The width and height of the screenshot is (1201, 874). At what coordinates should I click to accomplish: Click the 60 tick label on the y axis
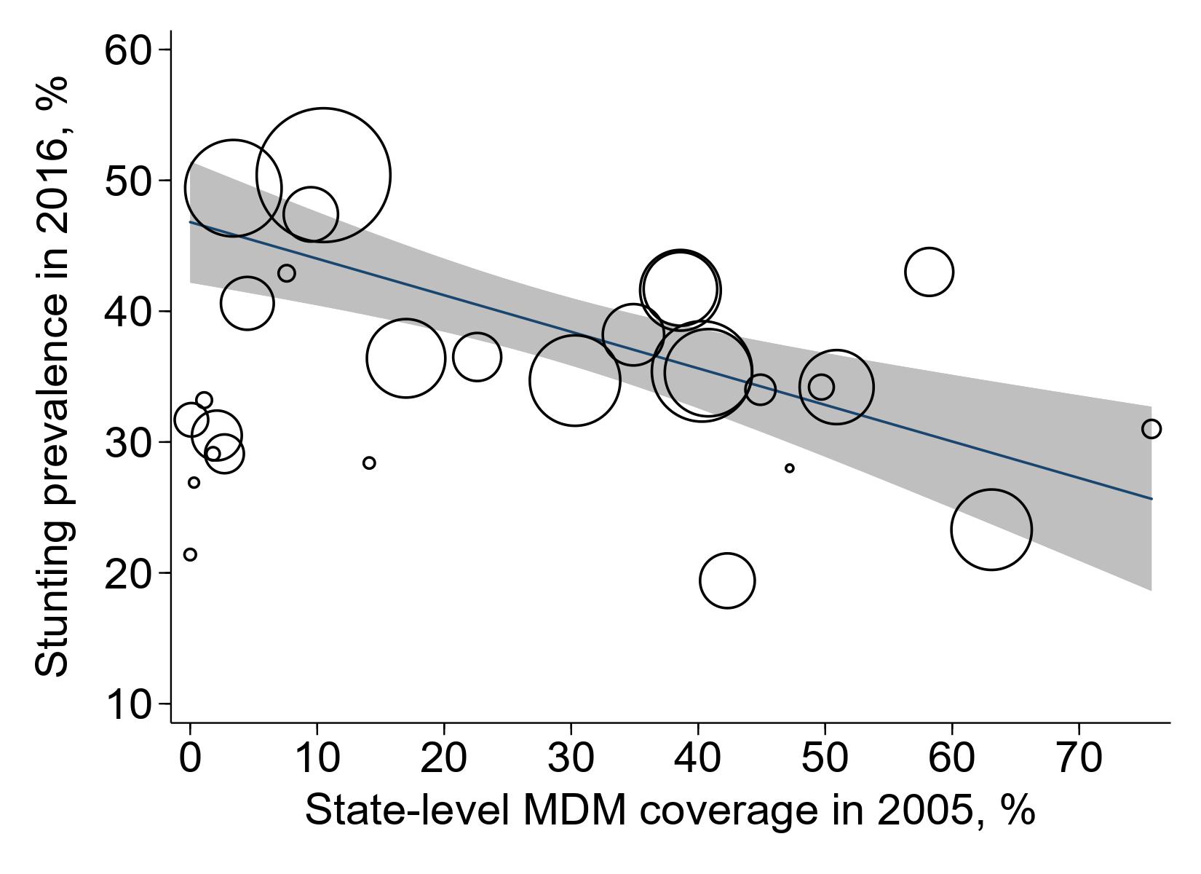click(127, 51)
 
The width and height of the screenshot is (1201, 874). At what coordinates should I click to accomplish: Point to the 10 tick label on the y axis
click(127, 705)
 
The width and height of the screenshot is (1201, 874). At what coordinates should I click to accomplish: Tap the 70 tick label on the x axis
click(1079, 758)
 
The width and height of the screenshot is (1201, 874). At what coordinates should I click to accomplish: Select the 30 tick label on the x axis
click(571, 758)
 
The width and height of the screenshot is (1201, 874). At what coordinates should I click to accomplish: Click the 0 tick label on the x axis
click(190, 758)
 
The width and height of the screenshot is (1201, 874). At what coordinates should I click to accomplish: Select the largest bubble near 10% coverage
click(323, 175)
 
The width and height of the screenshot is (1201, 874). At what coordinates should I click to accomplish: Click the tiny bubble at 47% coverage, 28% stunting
click(790, 468)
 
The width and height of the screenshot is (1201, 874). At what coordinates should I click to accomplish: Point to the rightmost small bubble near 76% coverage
click(1152, 429)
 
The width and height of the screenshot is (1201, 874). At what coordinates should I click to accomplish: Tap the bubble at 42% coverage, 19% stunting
click(727, 580)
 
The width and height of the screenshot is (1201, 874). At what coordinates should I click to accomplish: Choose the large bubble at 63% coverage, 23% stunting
click(991, 529)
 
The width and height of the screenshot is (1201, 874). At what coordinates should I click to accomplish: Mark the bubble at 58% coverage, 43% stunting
click(929, 272)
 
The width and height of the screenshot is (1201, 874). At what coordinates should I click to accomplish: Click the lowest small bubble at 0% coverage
click(190, 555)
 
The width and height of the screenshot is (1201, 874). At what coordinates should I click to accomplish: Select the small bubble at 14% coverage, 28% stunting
click(369, 463)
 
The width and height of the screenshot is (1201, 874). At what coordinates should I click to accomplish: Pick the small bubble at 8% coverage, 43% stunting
click(287, 274)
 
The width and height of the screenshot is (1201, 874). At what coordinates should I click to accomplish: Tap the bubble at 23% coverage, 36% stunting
click(477, 357)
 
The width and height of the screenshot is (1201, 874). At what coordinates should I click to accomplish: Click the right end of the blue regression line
click(1152, 499)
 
